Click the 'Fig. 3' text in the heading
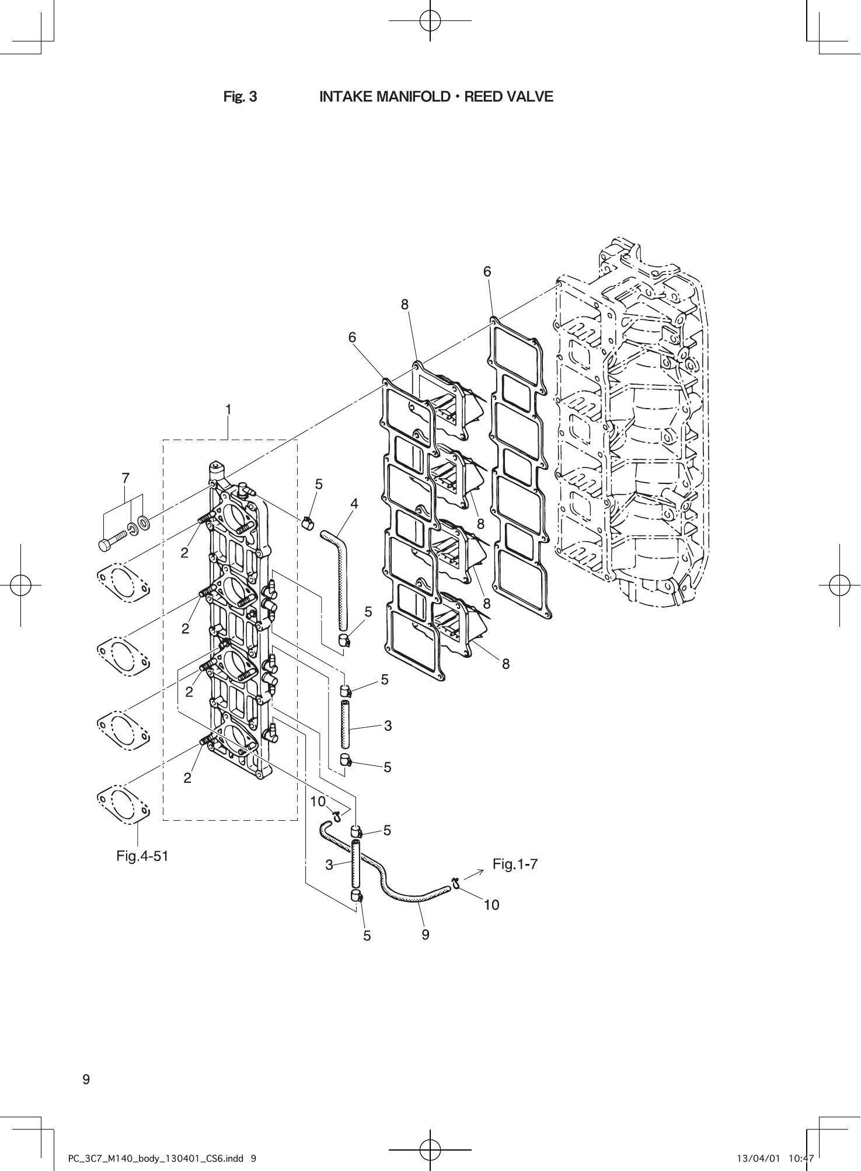[240, 97]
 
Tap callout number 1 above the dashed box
[229, 410]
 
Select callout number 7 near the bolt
[126, 478]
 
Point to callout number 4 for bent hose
[354, 503]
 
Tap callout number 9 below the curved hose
[426, 935]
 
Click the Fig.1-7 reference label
[515, 864]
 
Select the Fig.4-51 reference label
[142, 856]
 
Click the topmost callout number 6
[487, 271]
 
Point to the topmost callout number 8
[405, 304]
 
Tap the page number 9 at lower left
[86, 1079]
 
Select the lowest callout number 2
[187, 778]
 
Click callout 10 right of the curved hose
[491, 905]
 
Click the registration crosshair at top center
[430, 20]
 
